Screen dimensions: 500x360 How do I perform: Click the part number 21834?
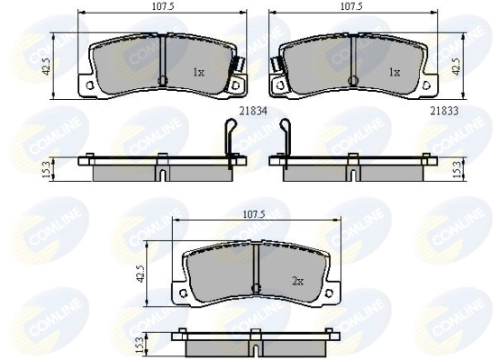tap(253, 112)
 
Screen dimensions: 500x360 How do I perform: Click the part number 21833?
tap(444, 112)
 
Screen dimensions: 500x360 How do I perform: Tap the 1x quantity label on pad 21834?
tap(198, 73)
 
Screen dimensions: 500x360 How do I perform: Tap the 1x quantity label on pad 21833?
tap(394, 73)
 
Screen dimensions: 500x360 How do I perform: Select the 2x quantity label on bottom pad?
tap(297, 281)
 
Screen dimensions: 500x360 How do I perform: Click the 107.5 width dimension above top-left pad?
tap(163, 6)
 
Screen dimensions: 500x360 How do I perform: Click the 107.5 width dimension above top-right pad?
tap(351, 6)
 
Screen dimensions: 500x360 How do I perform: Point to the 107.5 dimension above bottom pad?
tap(254, 214)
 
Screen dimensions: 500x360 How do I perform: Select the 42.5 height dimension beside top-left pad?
tap(47, 67)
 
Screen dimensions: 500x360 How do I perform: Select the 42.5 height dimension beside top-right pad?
tap(457, 67)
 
